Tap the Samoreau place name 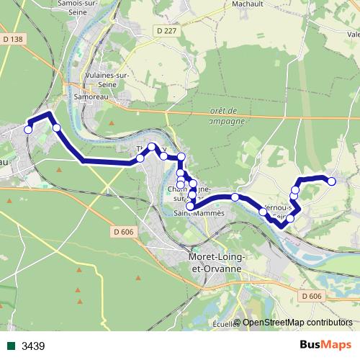90,95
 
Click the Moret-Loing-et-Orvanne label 215,262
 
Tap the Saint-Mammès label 199,213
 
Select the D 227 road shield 165,30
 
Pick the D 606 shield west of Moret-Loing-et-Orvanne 124,231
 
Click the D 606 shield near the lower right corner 312,296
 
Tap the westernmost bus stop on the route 28,130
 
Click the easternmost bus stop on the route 332,181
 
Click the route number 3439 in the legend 33,346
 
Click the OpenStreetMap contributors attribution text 297,323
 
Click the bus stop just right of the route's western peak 56,127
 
